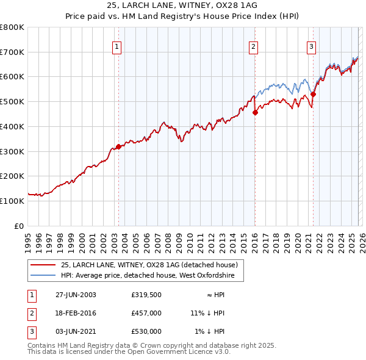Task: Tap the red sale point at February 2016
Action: click(x=255, y=112)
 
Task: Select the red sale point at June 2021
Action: click(x=313, y=94)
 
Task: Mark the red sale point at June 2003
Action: click(x=118, y=146)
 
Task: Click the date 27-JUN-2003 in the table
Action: click(x=76, y=295)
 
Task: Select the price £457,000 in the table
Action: click(x=146, y=313)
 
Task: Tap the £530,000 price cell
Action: click(x=146, y=331)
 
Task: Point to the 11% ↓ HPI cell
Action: click(x=207, y=313)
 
